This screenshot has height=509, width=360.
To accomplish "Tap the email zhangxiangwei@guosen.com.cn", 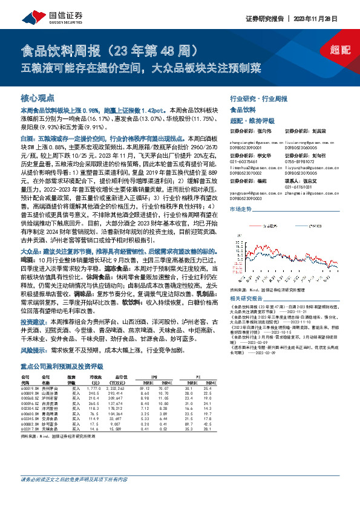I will (x=255, y=140).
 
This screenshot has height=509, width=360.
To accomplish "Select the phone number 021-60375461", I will (x=243, y=161).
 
